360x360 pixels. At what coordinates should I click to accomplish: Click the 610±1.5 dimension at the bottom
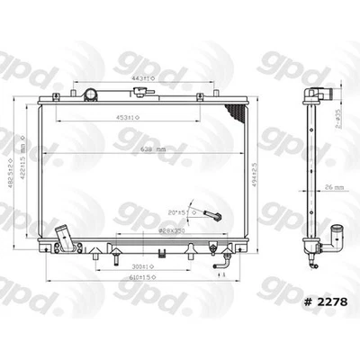pyautogui.click(x=137, y=284)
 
